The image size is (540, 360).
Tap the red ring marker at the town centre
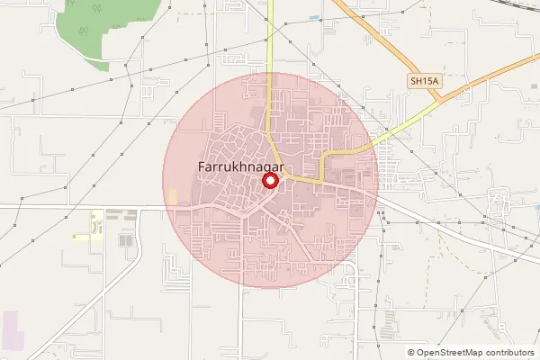click(x=270, y=181)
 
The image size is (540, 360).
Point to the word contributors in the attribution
click(x=510, y=353)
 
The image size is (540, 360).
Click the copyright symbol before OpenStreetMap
click(x=411, y=353)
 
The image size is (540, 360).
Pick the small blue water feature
click(x=312, y=17)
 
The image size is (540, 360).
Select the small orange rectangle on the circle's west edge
click(x=172, y=196)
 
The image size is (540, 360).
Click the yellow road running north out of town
click(x=269, y=72)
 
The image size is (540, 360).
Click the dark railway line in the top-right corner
click(x=504, y=13)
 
